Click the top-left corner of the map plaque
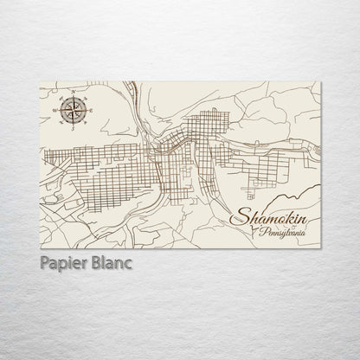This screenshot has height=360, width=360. point(41,81)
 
